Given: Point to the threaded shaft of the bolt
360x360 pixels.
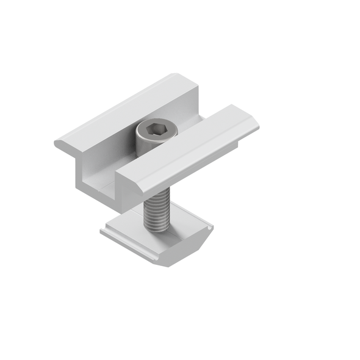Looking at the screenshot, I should tap(156, 211).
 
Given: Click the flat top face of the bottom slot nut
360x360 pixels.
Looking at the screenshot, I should tap(183, 229).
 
